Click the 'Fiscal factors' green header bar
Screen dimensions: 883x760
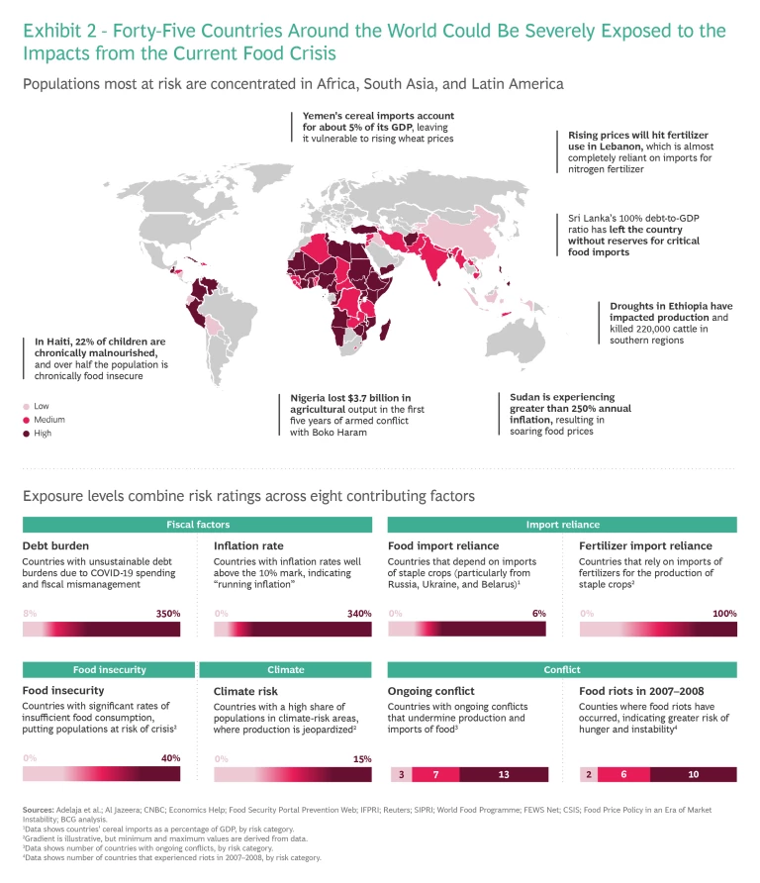tap(198, 525)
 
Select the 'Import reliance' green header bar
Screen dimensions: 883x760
tap(562, 525)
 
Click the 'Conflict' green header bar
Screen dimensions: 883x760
tap(562, 669)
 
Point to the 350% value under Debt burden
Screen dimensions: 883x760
tap(168, 614)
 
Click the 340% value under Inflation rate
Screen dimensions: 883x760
tap(359, 614)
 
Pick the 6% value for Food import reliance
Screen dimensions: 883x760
tap(538, 614)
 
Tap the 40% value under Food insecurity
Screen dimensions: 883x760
tap(169, 758)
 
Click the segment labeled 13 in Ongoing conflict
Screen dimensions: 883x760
tap(504, 774)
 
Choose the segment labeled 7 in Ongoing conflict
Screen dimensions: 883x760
tap(435, 774)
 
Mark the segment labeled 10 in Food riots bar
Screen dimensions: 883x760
tap(694, 774)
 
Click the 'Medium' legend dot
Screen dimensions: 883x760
tap(27, 420)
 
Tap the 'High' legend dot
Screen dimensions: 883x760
tap(27, 434)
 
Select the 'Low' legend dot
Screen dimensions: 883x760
tap(27, 406)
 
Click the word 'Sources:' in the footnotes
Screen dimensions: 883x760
tap(39, 810)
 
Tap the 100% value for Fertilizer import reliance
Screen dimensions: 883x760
tap(724, 614)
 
